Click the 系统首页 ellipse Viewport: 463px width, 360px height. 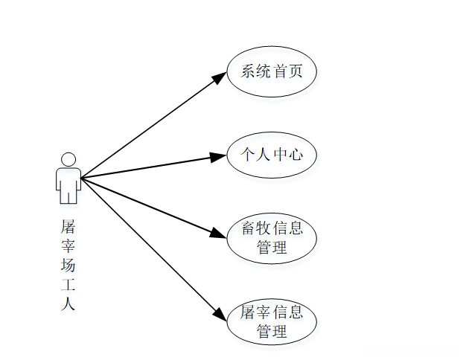[272, 72]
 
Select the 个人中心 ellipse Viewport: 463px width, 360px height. [272, 155]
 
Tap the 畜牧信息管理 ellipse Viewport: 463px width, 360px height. [272, 238]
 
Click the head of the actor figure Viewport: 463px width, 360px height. [68, 159]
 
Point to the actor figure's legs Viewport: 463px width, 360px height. [68, 196]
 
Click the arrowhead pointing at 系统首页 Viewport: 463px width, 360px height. [220, 77]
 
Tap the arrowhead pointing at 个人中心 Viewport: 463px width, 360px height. [218, 156]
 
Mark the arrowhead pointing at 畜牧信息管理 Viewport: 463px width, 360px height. [218, 233]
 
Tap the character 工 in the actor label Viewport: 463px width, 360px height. [68, 285]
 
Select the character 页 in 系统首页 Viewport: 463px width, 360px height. [297, 72]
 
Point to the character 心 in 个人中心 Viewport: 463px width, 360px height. [297, 155]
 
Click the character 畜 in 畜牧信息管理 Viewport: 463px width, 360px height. [250, 228]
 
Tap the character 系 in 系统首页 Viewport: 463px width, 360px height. [248, 72]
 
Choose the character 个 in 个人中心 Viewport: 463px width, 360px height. [248, 155]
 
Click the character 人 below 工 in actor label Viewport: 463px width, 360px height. [68, 304]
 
